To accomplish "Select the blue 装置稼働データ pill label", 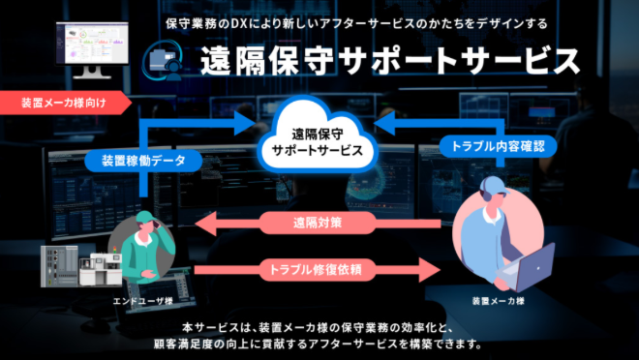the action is point(143,161).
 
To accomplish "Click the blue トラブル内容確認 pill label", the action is point(498,146).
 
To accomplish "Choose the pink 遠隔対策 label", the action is point(318,223).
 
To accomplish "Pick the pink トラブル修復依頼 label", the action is point(316,270).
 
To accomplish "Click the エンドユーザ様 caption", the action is point(142,301).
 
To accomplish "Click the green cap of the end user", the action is point(146,217).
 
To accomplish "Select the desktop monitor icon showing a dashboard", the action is point(92,49).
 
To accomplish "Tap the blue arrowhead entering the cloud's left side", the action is point(245,124).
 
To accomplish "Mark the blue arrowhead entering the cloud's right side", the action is point(384,124).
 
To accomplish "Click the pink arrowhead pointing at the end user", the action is point(206,224).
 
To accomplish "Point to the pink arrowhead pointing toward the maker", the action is point(430,270).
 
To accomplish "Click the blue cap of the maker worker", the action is point(494,185).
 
